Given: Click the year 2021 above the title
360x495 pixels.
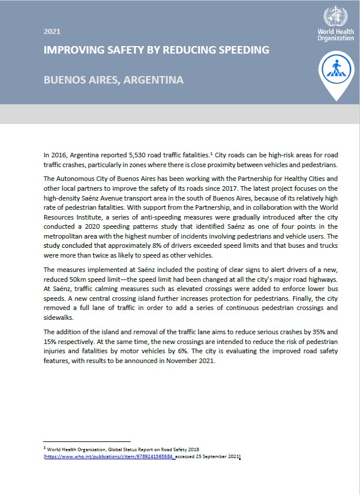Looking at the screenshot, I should (x=52, y=32).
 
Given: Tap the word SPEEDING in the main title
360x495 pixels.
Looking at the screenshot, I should (x=241, y=50).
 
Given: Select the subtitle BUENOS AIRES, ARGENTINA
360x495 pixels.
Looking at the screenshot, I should (x=113, y=80).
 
